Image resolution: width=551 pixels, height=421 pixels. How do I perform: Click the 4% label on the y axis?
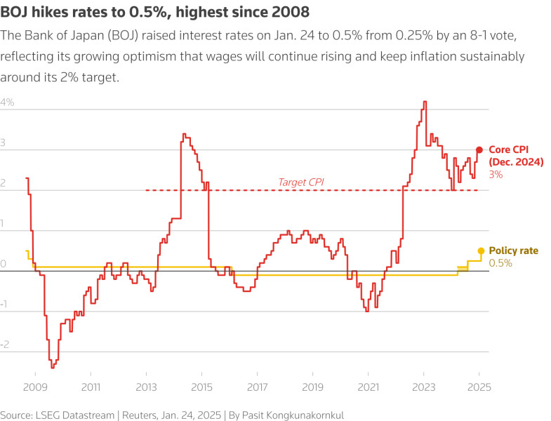8,102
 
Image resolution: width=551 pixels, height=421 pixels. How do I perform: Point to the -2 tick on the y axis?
6,345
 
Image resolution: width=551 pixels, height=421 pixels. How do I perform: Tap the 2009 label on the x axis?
35,387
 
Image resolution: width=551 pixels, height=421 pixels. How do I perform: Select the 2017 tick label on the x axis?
257,387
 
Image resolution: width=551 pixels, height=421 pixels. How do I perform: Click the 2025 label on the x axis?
479,387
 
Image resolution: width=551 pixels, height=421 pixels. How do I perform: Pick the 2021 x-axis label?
368,387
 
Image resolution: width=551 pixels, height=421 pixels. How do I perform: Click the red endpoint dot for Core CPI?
479,149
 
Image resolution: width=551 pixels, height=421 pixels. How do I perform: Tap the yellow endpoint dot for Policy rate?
481,250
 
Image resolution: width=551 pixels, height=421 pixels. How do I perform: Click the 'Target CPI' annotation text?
300,182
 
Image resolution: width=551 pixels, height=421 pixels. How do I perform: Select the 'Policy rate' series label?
513,250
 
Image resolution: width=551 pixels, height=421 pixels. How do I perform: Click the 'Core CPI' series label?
508,149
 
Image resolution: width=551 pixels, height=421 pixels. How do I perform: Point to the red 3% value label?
496,174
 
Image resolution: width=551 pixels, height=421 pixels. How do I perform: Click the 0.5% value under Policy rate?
500,263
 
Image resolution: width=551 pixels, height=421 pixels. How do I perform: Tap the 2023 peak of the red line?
424,102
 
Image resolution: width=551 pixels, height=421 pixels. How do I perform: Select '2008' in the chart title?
288,13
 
